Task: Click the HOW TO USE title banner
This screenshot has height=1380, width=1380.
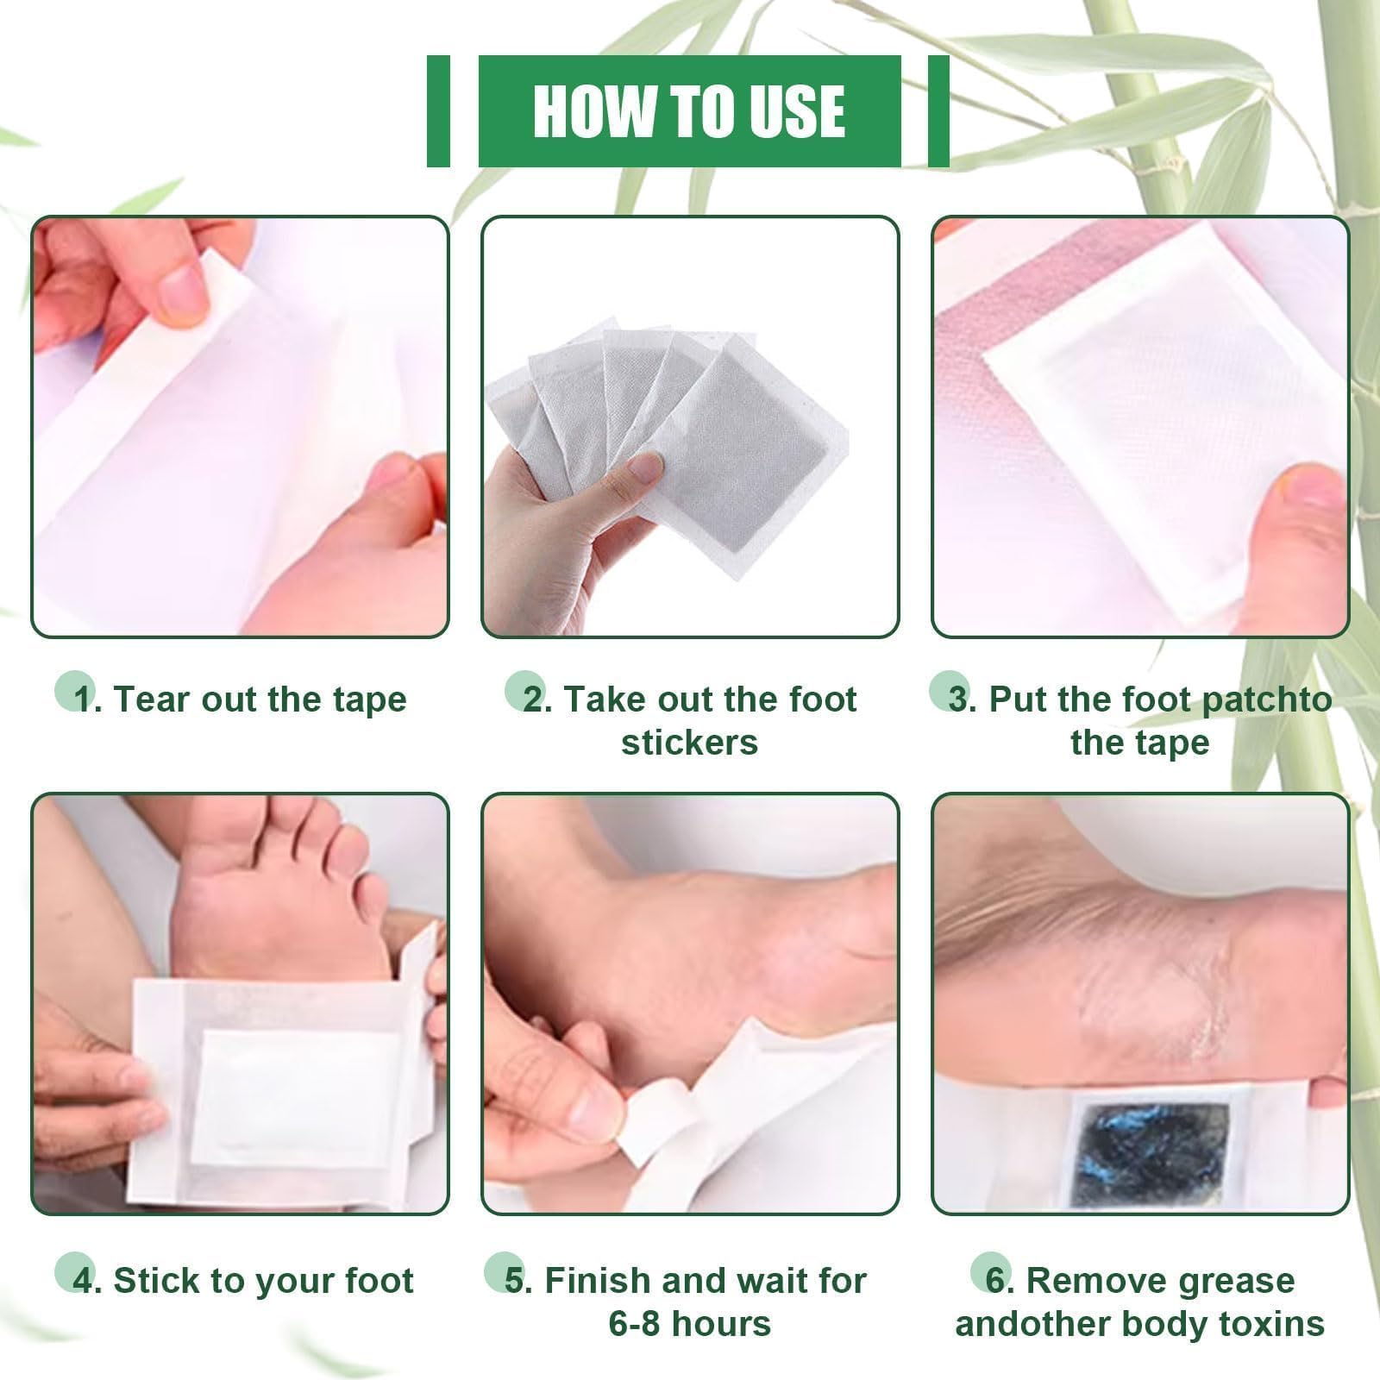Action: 689,110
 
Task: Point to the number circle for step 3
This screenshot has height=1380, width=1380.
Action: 950,691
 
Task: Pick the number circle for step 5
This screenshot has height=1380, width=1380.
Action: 504,1272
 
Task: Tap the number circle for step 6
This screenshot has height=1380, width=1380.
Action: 991,1272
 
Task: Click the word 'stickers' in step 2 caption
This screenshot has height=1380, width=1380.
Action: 689,743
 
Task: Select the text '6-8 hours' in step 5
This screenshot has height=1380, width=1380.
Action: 689,1324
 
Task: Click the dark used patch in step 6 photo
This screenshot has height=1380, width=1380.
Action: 1150,1154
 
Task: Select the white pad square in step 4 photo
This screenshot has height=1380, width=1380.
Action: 294,1099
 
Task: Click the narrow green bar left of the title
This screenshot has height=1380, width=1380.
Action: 438,110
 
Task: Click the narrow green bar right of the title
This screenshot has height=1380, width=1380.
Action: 938,110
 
